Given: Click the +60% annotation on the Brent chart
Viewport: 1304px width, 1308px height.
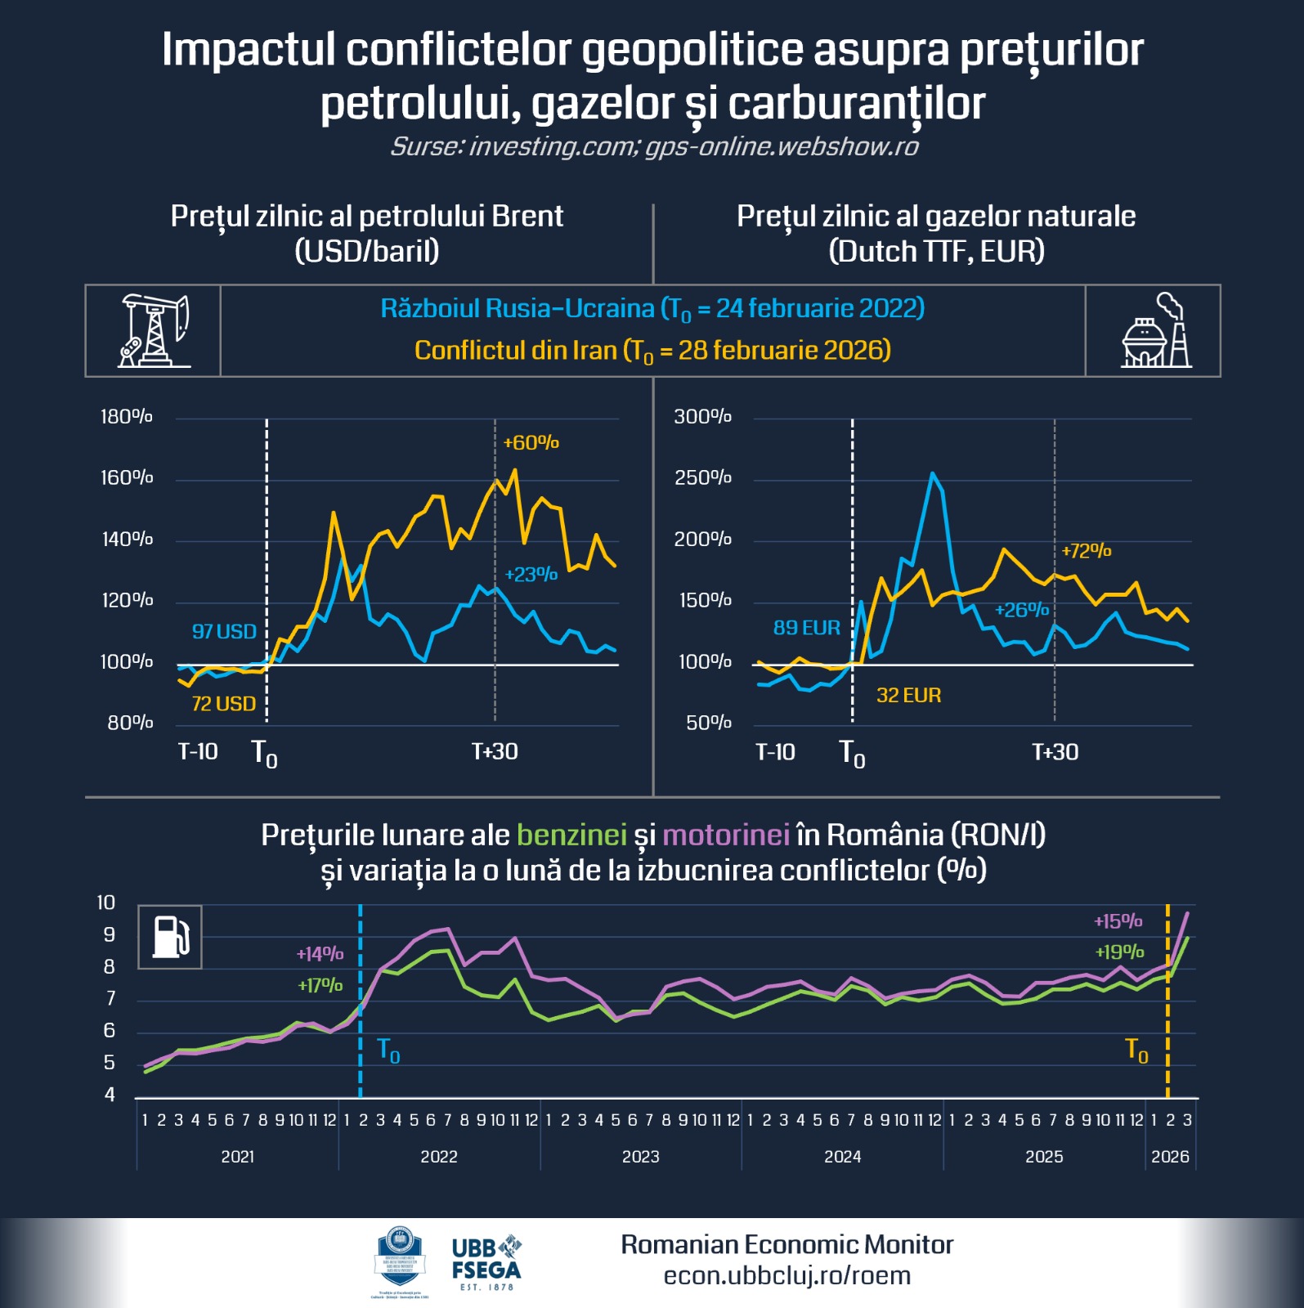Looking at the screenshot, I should click(531, 443).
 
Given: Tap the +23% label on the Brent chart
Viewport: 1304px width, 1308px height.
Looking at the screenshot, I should click(531, 575).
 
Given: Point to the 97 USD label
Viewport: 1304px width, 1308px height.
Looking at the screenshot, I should click(224, 631).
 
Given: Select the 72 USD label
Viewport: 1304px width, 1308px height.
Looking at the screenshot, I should click(223, 704).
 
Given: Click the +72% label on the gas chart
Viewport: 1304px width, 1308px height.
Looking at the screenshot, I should click(1086, 551).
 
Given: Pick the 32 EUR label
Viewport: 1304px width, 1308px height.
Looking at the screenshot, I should click(908, 696).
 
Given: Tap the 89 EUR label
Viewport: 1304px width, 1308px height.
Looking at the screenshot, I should click(806, 628).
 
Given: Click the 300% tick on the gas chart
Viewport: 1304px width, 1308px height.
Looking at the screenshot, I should click(701, 417).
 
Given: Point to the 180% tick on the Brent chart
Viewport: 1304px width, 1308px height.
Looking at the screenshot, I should click(126, 417).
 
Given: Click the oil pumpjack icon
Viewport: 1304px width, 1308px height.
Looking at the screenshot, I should click(154, 331).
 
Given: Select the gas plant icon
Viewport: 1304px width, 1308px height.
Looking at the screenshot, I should click(1155, 331).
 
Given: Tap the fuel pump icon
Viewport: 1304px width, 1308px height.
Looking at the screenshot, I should click(170, 937).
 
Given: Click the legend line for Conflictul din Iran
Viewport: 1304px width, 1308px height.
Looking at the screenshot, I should click(652, 351).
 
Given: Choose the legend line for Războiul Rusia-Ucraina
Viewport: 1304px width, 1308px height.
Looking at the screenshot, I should click(652, 309).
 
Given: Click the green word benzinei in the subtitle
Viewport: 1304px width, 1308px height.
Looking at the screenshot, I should click(571, 835).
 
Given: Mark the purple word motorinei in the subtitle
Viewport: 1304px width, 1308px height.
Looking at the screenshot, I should click(725, 835).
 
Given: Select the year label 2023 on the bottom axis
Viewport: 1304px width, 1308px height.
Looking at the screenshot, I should click(640, 1157).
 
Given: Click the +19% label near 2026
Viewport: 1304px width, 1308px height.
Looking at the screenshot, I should click(1118, 952).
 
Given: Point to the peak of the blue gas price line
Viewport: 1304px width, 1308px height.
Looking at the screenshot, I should click(932, 473).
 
